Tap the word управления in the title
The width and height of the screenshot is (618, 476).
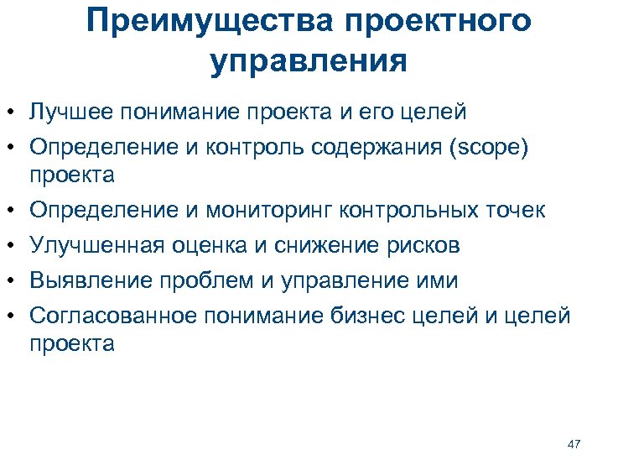(309, 62)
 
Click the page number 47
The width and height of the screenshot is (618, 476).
(574, 443)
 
